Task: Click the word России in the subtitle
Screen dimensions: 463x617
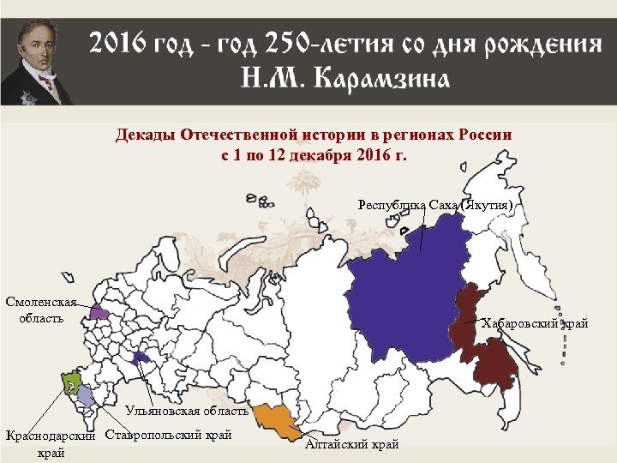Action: [x=483, y=135]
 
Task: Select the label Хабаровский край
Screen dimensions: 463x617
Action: [x=535, y=323]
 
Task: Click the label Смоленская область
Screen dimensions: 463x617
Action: [x=40, y=310]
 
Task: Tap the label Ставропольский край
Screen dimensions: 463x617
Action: [x=168, y=435]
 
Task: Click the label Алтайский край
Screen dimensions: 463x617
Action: [x=352, y=444]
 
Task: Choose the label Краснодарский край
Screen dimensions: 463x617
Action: [x=49, y=443]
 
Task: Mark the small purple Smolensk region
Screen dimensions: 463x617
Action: [x=99, y=313]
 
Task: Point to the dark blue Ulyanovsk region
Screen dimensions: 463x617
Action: [x=141, y=358]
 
